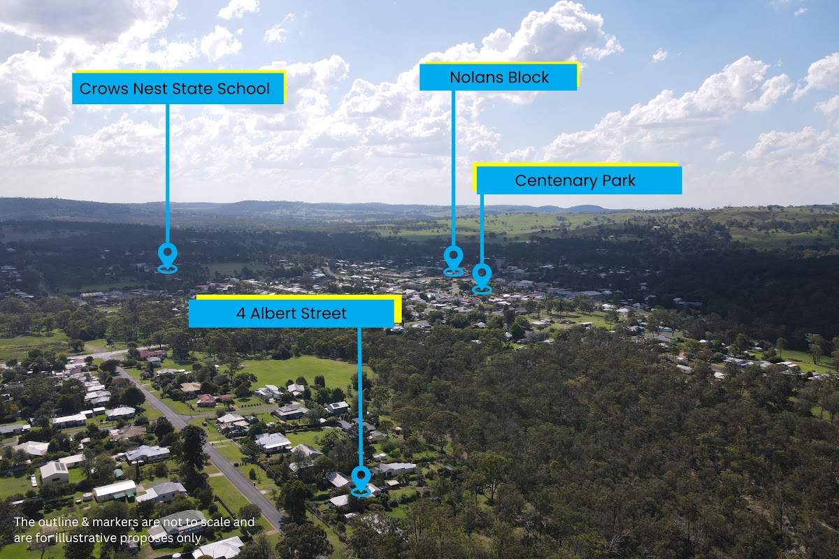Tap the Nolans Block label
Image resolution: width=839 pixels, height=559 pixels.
click(499, 77)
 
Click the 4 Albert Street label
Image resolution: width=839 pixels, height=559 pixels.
click(292, 314)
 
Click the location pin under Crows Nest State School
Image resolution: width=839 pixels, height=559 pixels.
click(168, 256)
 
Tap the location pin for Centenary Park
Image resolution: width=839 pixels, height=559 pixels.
click(482, 276)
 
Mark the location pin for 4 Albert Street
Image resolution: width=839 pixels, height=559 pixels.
click(361, 479)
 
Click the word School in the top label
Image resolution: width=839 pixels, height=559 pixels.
click(245, 89)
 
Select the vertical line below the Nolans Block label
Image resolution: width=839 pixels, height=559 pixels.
click(453, 168)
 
